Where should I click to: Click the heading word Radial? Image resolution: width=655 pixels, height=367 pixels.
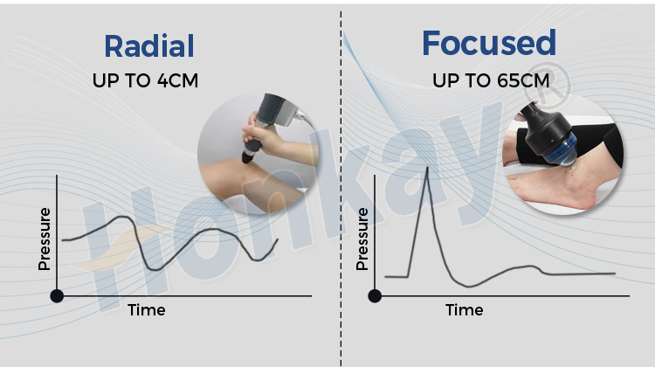click(149, 45)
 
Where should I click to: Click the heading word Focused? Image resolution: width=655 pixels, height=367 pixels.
click(488, 42)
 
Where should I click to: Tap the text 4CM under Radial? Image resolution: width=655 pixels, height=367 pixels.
click(177, 81)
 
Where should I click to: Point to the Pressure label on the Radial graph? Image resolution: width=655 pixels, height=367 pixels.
click(45, 239)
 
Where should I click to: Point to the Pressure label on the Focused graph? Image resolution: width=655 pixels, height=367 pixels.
click(362, 239)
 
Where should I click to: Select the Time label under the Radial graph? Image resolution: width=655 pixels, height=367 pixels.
click(147, 310)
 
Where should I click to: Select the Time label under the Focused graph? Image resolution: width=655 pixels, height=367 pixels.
click(464, 310)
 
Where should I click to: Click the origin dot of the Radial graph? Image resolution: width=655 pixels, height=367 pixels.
click(58, 295)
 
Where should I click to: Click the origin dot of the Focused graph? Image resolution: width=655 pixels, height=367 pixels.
click(375, 295)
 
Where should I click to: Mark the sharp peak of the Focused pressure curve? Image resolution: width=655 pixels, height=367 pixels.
click(426, 167)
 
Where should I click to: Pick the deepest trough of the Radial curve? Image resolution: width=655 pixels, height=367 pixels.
click(155, 268)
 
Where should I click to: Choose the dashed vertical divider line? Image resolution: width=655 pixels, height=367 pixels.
click(341, 218)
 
